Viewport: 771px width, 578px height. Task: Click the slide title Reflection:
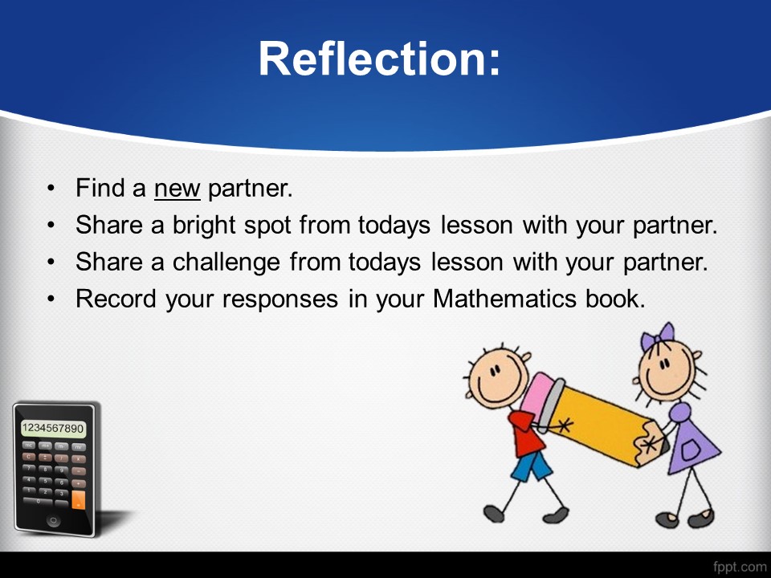[x=379, y=59]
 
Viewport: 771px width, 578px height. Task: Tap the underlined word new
[x=177, y=189]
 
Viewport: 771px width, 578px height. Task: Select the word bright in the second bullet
[x=204, y=226]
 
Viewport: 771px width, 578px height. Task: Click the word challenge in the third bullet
[x=226, y=263]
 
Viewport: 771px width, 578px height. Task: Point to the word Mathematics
[x=504, y=299]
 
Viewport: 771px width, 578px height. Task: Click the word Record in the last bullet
[x=116, y=299]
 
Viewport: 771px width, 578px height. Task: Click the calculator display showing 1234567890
[x=53, y=428]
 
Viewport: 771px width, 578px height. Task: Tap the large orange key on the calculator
[x=78, y=500]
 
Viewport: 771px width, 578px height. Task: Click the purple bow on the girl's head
[x=658, y=336]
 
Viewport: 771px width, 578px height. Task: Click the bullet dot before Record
[x=51, y=299]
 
